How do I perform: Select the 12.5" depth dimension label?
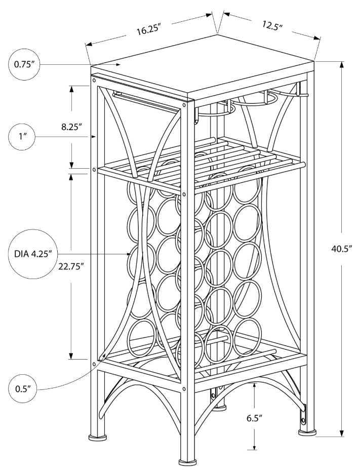click(272, 25)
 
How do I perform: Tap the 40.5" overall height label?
click(341, 249)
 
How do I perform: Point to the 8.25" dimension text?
click(72, 127)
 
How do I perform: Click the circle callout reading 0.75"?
click(23, 65)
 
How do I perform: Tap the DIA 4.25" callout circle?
click(30, 254)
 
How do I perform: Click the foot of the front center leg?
click(187, 462)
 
